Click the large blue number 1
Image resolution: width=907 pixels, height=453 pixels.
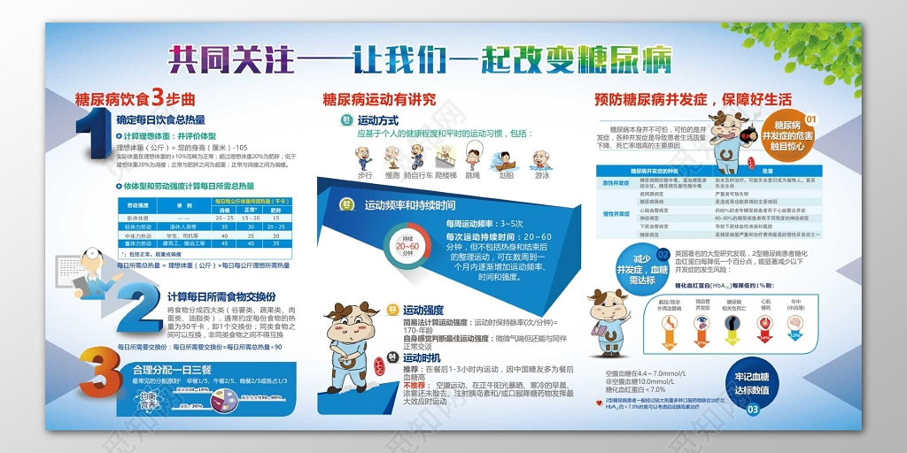95,131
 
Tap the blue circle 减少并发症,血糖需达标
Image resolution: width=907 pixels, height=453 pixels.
643,267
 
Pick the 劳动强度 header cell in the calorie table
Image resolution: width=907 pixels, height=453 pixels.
137,203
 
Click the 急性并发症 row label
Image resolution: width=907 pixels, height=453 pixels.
616,183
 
